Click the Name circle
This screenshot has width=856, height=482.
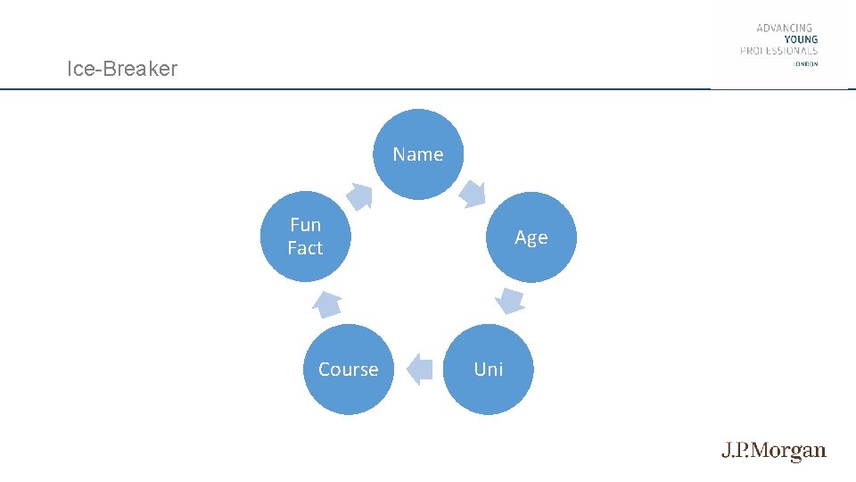click(417, 154)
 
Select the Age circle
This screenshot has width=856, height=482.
click(531, 237)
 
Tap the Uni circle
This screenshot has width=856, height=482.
click(489, 370)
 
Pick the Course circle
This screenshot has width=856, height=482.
click(348, 370)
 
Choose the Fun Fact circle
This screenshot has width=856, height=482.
click(305, 237)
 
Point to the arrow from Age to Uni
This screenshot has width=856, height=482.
click(510, 300)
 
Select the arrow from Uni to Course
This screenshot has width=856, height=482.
click(419, 370)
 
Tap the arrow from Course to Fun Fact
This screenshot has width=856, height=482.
click(327, 304)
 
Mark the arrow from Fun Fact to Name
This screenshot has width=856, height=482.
click(359, 195)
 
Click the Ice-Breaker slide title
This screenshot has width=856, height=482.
click(122, 69)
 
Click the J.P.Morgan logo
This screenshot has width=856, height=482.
click(774, 452)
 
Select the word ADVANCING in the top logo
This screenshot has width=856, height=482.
click(785, 28)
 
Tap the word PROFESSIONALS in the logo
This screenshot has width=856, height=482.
click(778, 51)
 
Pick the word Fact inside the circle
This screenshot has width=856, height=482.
click(305, 248)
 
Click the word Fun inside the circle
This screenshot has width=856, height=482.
click(305, 225)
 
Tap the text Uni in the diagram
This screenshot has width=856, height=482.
click(489, 370)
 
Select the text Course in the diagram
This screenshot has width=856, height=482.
click(348, 370)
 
